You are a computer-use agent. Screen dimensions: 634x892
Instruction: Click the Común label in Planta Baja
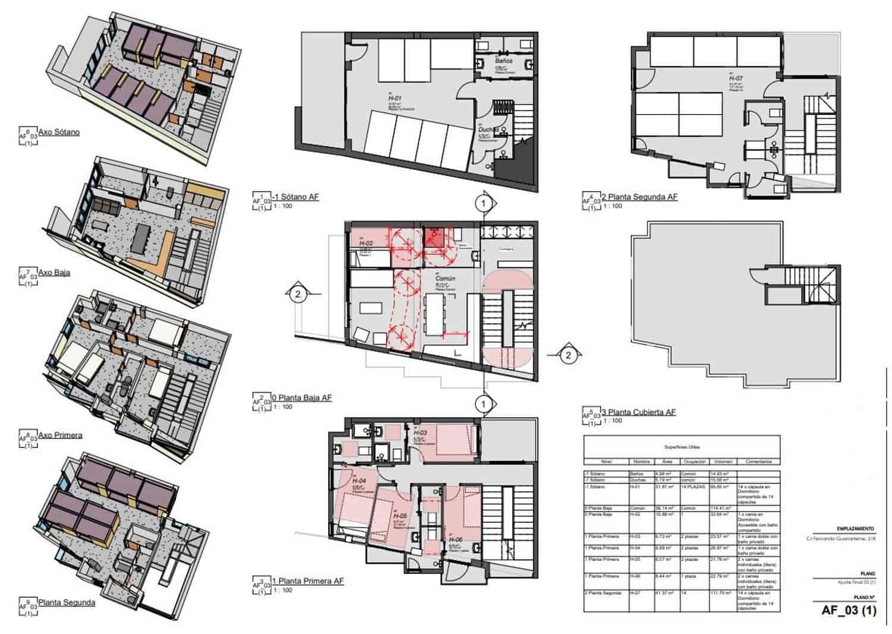click(445, 278)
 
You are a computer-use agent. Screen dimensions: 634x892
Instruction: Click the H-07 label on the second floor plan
click(736, 78)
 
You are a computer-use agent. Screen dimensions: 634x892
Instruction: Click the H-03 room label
click(420, 434)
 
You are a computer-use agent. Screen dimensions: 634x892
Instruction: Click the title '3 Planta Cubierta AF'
click(639, 412)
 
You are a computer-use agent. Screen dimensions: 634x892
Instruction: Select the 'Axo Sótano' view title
click(59, 132)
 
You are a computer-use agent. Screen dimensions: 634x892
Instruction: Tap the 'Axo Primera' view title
click(60, 435)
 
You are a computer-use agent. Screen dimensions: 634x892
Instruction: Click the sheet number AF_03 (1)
click(849, 610)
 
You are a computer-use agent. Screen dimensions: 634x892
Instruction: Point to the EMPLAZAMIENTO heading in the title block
click(855, 528)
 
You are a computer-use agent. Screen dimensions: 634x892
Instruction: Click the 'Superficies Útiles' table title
click(681, 447)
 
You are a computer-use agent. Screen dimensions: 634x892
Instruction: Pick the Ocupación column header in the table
click(694, 461)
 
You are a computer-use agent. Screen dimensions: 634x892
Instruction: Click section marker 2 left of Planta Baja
click(298, 294)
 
